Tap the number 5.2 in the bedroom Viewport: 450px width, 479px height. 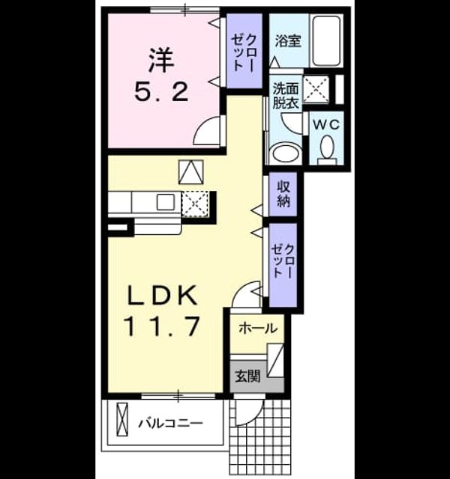[x=161, y=92]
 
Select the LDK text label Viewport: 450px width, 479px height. [x=162, y=296]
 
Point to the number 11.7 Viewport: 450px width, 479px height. [x=162, y=326]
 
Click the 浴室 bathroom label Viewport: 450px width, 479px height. [x=288, y=41]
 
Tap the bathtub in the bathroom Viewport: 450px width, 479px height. [x=327, y=40]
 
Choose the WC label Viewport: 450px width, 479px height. [x=326, y=125]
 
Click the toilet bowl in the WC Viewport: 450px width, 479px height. [x=327, y=149]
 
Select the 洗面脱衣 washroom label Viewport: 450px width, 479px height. [x=286, y=96]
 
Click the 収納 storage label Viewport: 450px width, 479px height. [x=283, y=194]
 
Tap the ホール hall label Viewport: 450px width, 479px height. [x=258, y=329]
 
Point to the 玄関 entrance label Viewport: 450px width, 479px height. [x=247, y=376]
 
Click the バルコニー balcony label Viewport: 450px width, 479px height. [x=170, y=424]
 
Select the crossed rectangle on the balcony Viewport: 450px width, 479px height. [x=121, y=419]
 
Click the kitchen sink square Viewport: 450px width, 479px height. [x=166, y=201]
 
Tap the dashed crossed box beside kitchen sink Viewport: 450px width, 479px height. [x=195, y=204]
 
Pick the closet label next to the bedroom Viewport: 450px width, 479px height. [x=244, y=52]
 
